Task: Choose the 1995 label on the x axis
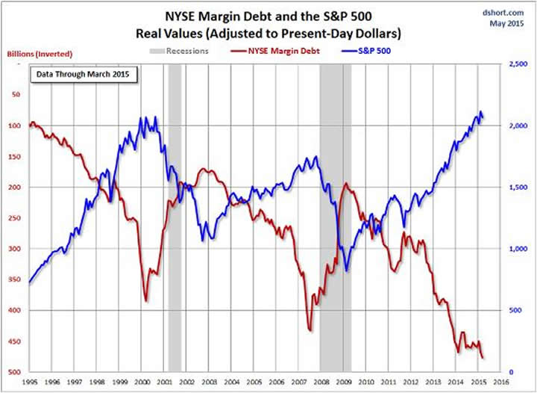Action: click(30, 381)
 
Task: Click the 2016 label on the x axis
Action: click(501, 381)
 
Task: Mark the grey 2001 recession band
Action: click(175, 224)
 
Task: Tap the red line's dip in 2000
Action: click(145, 300)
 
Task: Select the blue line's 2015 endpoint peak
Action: click(480, 112)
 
